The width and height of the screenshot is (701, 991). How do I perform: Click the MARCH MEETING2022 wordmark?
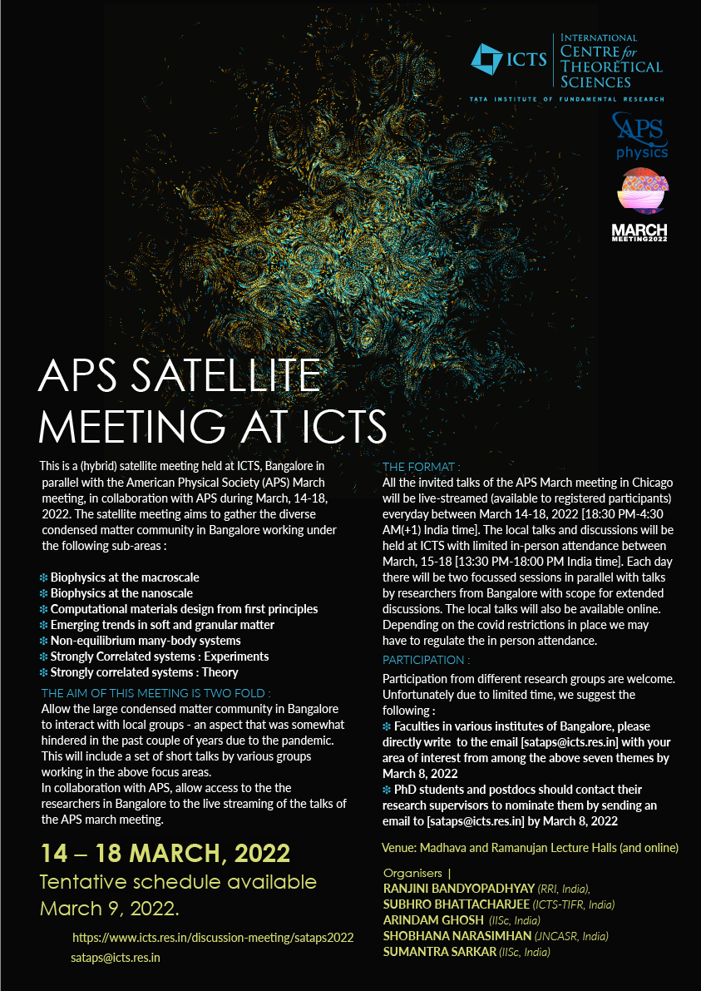[x=639, y=232]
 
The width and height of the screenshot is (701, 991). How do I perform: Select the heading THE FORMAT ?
[x=421, y=468]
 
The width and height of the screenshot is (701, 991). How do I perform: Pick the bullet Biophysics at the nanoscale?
[x=121, y=593]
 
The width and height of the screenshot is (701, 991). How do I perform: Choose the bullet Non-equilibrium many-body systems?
[x=146, y=641]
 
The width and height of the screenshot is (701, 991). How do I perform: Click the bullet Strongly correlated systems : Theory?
[x=144, y=672]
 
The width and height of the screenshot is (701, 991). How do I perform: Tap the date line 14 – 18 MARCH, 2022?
[x=165, y=853]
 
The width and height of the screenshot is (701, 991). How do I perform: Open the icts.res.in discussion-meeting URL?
[x=213, y=937]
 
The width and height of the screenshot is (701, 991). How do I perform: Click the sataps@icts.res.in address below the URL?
[x=116, y=958]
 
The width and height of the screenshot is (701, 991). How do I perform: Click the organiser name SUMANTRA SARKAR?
[x=438, y=952]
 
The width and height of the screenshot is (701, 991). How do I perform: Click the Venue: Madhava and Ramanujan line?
[x=531, y=848]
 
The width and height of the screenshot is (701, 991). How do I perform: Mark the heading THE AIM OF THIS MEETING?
[x=156, y=692]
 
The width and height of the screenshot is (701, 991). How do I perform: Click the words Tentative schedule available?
[x=179, y=881]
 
